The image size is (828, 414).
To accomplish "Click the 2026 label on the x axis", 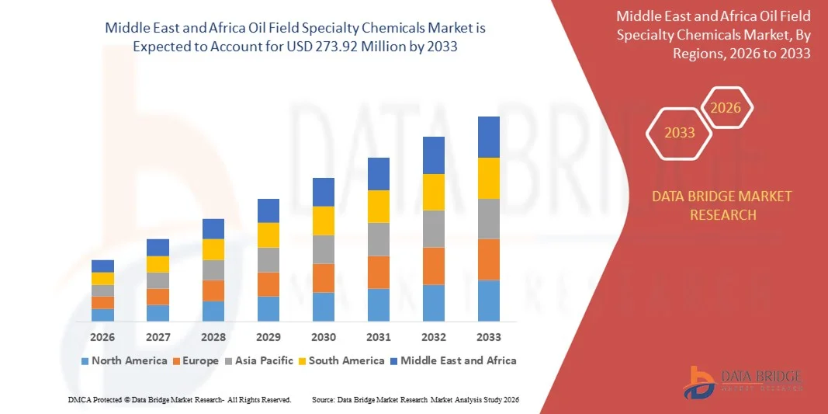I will [x=102, y=338].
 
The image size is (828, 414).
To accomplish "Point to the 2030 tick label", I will [x=324, y=338].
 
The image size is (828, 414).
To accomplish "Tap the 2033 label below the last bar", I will [x=489, y=338].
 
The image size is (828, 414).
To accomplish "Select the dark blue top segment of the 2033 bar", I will [x=489, y=137].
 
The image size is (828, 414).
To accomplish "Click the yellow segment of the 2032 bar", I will [x=434, y=192].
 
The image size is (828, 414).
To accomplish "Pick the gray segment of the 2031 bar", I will [x=379, y=239].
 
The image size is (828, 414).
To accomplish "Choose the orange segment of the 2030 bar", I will [x=324, y=277].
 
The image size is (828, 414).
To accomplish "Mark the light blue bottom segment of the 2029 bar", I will [x=268, y=308].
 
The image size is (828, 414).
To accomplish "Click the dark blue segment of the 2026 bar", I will [x=102, y=266].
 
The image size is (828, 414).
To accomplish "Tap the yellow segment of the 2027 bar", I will [x=158, y=264].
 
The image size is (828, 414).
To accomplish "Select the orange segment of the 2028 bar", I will [x=213, y=290].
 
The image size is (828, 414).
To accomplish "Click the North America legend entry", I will [x=123, y=360].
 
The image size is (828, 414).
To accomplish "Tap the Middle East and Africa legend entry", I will [x=452, y=360].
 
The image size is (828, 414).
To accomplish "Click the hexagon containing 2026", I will [x=727, y=108].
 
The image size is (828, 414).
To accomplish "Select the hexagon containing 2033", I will [x=680, y=133].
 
